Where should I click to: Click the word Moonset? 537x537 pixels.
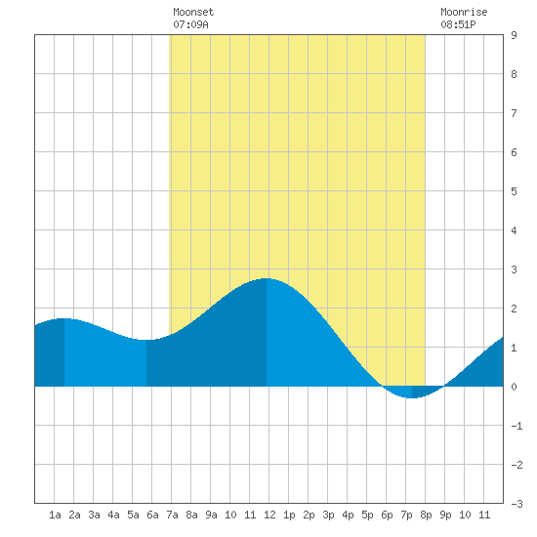(193, 12)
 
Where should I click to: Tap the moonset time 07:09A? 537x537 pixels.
(190, 24)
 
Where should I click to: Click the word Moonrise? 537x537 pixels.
(464, 12)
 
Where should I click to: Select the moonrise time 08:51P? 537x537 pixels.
(458, 24)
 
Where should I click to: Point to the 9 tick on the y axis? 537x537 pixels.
(514, 35)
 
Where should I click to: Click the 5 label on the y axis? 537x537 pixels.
(514, 191)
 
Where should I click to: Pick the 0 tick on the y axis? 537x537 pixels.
(514, 387)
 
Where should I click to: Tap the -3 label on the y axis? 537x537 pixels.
(516, 504)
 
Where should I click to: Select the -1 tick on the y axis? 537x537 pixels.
(516, 426)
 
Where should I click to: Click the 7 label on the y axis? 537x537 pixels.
(514, 113)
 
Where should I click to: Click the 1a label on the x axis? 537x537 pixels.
(55, 515)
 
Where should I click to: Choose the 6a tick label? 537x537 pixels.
(152, 515)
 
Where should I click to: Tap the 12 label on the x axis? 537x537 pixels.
(269, 515)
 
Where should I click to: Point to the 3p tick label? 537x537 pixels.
(328, 515)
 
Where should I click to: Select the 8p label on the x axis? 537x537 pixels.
(426, 515)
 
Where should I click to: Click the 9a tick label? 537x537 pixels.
(211, 515)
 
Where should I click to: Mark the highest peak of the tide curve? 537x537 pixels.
(267, 278)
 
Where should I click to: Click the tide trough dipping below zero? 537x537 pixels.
(412, 397)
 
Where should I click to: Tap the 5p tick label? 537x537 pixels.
(367, 515)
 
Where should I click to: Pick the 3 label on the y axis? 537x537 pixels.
(514, 269)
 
